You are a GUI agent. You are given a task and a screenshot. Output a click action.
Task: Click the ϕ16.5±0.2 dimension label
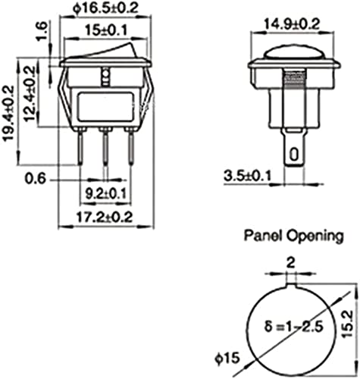point(106,8)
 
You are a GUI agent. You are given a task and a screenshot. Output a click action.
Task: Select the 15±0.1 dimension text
point(106,30)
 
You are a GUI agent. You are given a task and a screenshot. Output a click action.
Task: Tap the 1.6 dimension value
point(42,31)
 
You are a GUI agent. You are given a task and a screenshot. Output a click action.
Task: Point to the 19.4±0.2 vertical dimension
point(8,113)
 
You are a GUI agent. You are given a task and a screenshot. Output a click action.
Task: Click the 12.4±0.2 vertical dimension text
point(30,94)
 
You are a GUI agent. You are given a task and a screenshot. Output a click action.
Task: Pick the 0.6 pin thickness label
point(36,179)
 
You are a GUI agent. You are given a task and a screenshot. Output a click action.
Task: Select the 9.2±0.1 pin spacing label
point(105,194)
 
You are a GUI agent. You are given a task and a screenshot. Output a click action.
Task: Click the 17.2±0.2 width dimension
point(105,217)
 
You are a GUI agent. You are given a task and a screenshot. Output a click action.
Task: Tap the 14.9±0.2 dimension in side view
point(292,24)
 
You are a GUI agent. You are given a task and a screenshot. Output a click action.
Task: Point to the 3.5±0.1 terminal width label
point(247,176)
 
